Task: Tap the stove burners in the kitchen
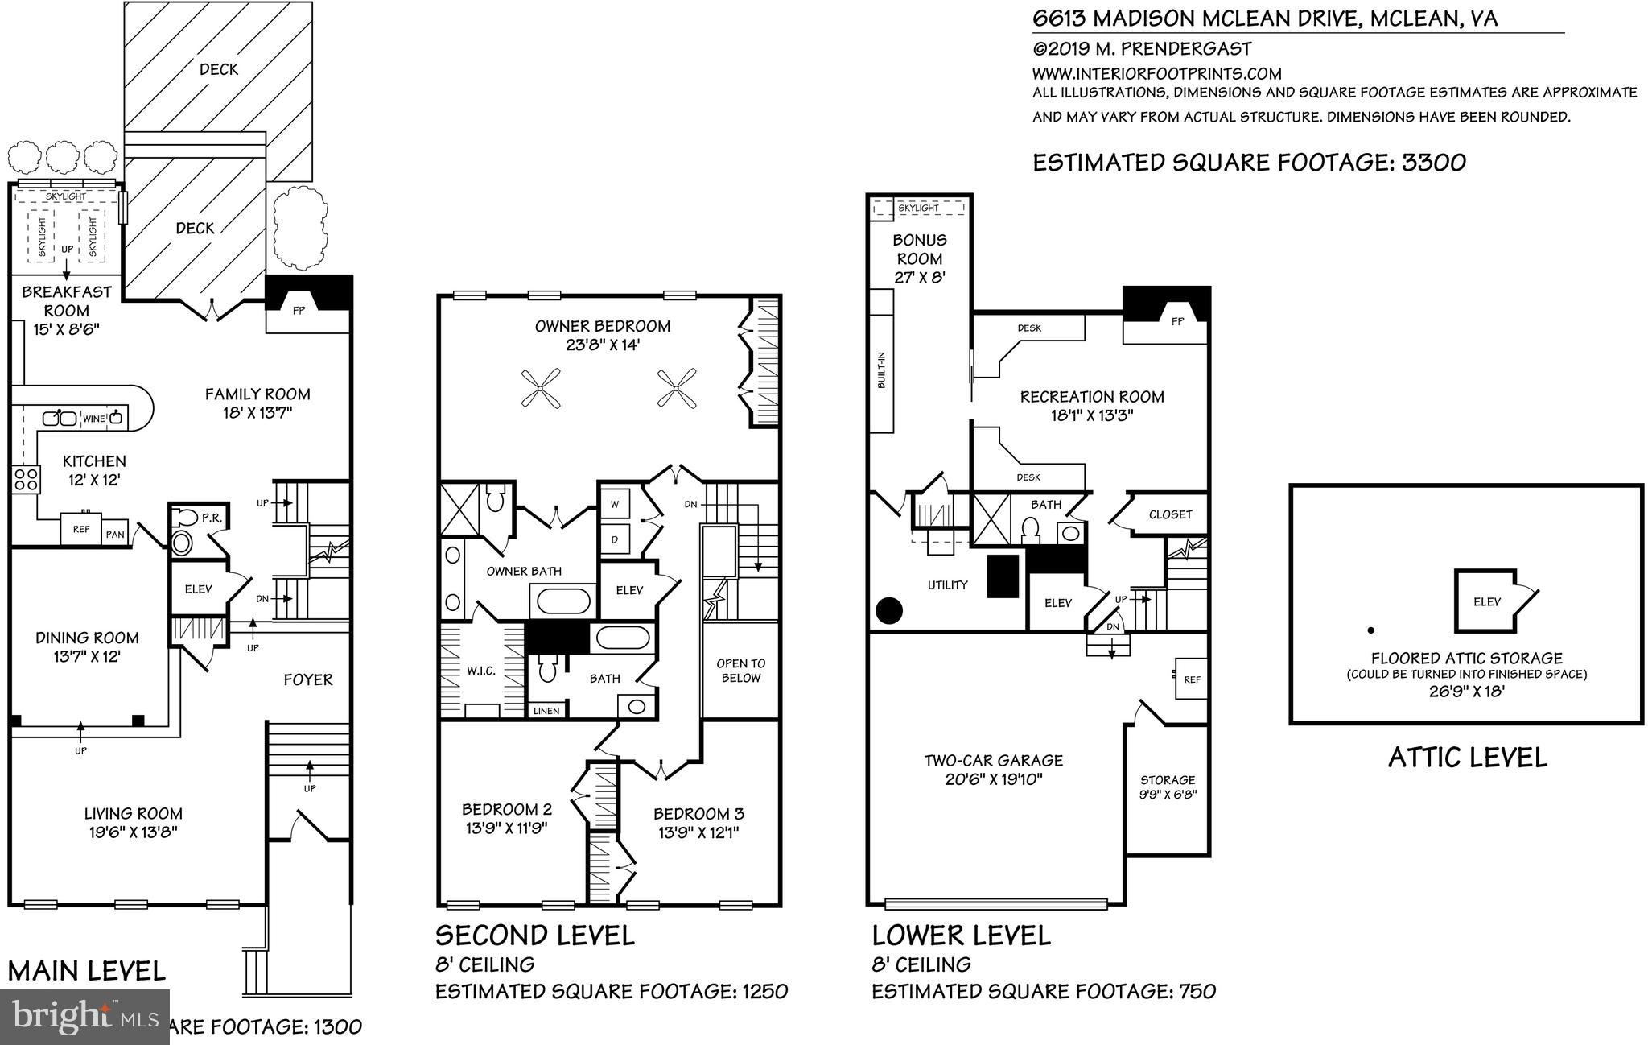click(x=26, y=479)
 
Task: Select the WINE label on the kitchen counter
click(x=94, y=419)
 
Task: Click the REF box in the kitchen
click(x=81, y=530)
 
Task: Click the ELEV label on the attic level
click(x=1486, y=601)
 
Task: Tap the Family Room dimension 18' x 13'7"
click(x=257, y=413)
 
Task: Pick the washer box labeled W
click(x=615, y=505)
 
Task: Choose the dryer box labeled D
click(x=615, y=539)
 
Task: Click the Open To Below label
click(x=740, y=671)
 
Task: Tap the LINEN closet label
click(x=546, y=711)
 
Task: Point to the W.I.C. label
click(x=480, y=671)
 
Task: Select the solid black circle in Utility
click(x=888, y=611)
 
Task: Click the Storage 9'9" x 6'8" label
click(x=1168, y=787)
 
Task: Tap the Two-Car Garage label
click(x=993, y=760)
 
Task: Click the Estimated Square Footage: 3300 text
click(x=1249, y=163)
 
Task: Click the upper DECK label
click(x=219, y=69)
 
